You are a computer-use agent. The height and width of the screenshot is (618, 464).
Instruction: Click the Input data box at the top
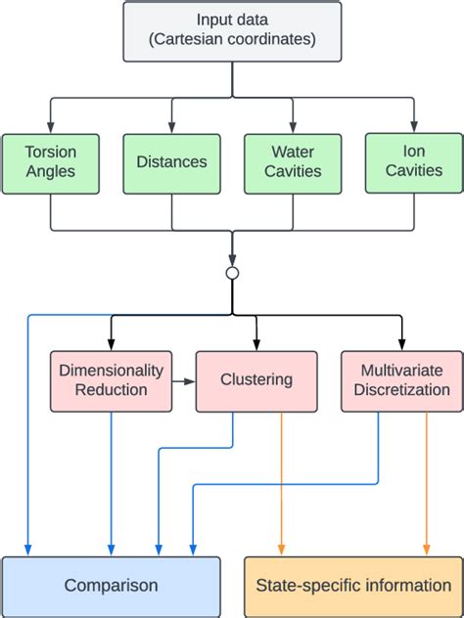coord(232,31)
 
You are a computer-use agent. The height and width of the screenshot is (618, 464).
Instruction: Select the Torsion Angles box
coord(50,162)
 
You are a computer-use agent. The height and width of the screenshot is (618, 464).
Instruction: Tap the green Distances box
coord(172,162)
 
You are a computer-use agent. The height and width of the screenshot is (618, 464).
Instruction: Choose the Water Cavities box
coord(293,162)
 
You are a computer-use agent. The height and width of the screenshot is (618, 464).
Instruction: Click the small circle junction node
coord(232,273)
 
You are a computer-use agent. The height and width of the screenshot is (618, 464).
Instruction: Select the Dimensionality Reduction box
coord(111,380)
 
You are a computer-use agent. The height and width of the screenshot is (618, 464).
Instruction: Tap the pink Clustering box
coord(256,380)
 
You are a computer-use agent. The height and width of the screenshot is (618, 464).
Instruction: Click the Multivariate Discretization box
coord(401,380)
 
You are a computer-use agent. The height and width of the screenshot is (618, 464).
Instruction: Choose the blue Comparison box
coord(111,586)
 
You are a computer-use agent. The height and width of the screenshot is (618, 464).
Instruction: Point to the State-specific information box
coord(353,586)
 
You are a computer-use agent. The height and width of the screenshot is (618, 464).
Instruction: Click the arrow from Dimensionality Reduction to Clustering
coord(184,380)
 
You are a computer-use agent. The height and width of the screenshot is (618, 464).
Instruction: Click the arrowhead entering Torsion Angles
coord(50,128)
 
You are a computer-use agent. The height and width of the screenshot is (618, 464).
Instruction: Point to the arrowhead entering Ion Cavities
coord(413,127)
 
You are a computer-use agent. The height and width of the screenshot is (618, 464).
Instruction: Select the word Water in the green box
coord(293,153)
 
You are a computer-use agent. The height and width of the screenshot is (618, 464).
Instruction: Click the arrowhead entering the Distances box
coord(172,128)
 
